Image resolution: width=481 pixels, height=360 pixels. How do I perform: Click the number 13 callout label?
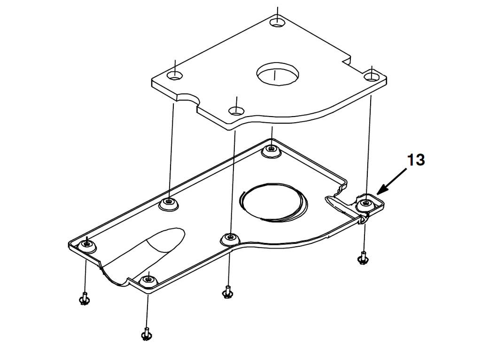[416, 160]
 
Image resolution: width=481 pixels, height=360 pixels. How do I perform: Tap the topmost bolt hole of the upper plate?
[278, 21]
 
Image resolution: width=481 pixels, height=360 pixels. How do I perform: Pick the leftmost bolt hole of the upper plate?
[175, 76]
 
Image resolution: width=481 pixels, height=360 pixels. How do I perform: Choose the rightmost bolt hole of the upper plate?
[372, 76]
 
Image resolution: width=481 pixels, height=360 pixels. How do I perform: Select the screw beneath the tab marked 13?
[362, 258]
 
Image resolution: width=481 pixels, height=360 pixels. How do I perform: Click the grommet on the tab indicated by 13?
[365, 205]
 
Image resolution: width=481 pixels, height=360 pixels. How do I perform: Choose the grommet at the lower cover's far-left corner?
[87, 243]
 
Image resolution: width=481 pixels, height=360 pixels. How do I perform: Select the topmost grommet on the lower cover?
[271, 150]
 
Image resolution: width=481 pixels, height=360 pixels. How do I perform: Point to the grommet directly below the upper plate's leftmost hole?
[169, 203]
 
